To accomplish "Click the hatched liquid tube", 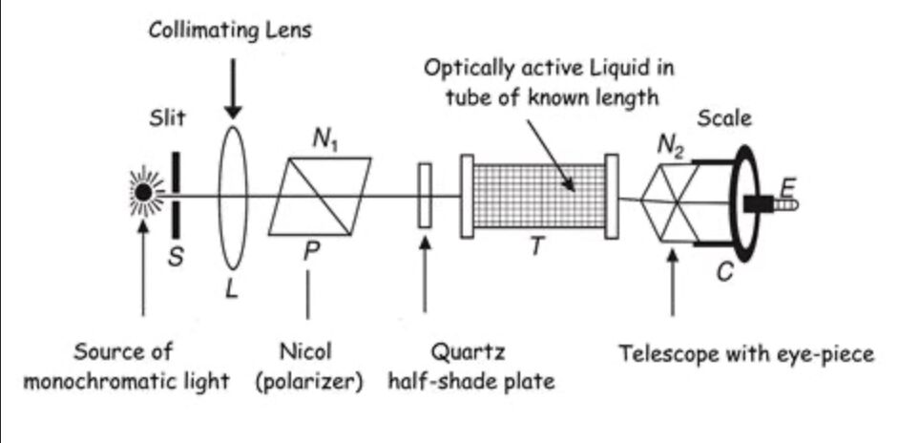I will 539,196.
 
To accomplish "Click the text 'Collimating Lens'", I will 229,31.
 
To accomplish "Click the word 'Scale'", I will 724,119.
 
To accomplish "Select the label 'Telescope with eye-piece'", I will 745,354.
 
